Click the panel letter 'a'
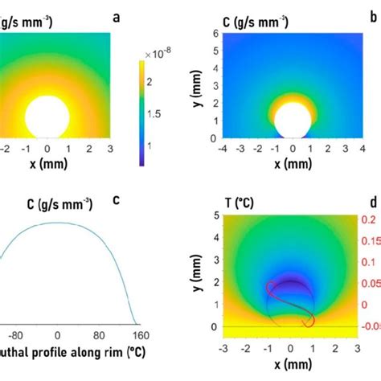118,15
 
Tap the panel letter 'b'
371,15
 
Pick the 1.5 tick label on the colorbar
159,115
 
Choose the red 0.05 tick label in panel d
371,284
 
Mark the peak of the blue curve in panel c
56,223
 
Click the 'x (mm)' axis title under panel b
292,163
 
